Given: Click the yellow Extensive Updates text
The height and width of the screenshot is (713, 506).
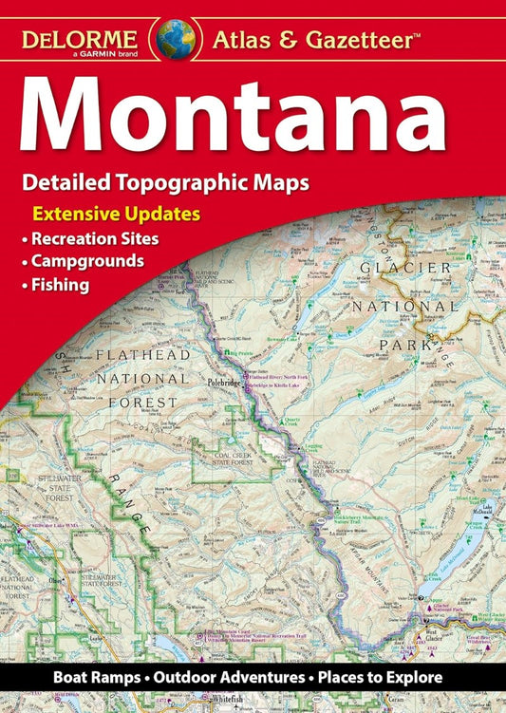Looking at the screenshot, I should pos(116,214).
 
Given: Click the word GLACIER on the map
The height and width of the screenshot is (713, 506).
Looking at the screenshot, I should pos(405,269).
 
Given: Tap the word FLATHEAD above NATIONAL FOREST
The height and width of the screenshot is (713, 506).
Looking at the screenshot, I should pos(143,356).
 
